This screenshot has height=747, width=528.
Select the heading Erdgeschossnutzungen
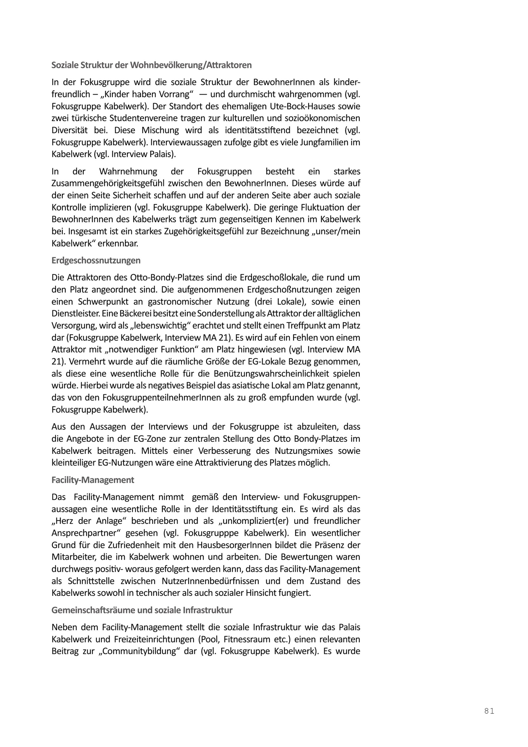tap(96, 261)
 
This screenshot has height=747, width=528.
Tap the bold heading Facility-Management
tap(93, 480)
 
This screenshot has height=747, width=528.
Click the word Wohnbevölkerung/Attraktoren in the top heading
tap(191, 65)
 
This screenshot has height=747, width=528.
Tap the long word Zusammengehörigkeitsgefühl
tap(108, 184)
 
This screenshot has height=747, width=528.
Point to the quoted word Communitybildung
tap(146, 651)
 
